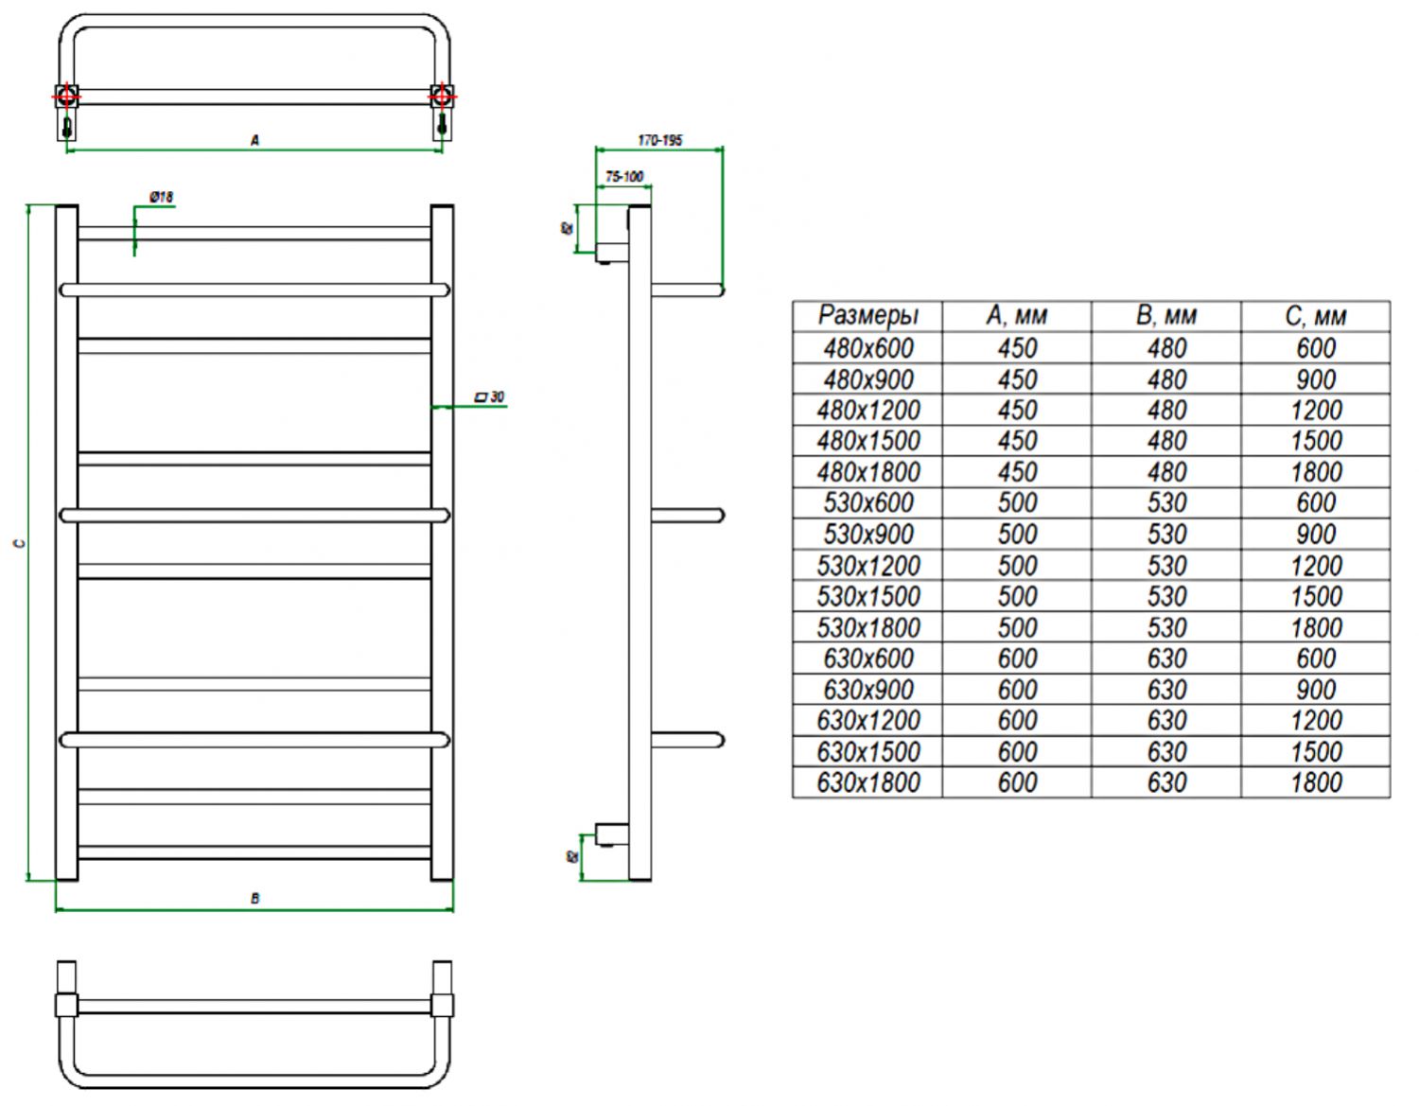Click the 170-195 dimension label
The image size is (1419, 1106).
click(x=659, y=140)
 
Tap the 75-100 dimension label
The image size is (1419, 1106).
click(x=623, y=176)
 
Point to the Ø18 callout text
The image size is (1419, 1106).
click(x=162, y=197)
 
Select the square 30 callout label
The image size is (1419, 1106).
click(x=489, y=396)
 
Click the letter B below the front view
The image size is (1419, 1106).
click(x=254, y=898)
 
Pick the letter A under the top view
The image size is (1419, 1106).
click(x=254, y=140)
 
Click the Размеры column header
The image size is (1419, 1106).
click(x=867, y=316)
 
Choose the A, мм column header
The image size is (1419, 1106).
click(x=1017, y=316)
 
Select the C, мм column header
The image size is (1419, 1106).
click(x=1315, y=316)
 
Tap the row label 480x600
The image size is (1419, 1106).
click(x=867, y=348)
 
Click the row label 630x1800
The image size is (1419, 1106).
click(x=867, y=782)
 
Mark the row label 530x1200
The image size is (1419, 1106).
click(x=867, y=566)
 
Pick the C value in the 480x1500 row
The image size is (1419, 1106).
click(x=1315, y=441)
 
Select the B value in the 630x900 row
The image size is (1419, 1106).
click(x=1166, y=690)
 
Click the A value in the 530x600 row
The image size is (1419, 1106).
click(x=1017, y=503)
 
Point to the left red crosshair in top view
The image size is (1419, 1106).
click(x=66, y=96)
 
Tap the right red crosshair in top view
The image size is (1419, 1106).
click(x=442, y=96)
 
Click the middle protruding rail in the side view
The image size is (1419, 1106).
click(x=688, y=516)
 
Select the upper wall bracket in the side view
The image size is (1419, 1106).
click(x=612, y=252)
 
